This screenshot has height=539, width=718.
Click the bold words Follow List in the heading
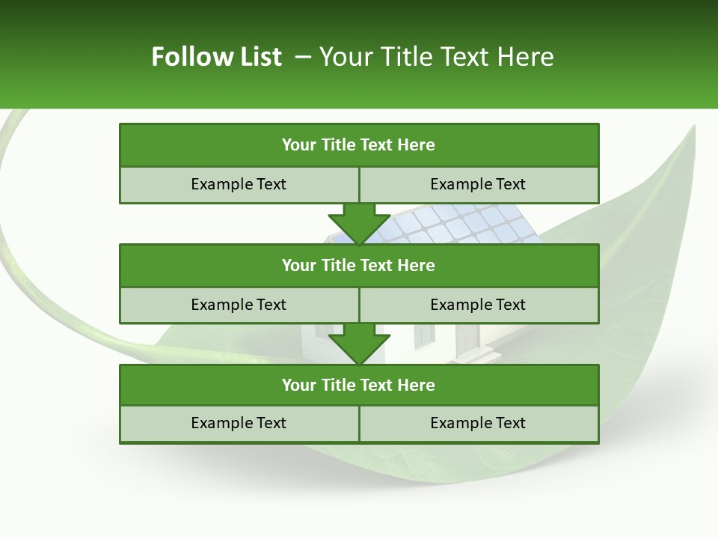click(x=216, y=57)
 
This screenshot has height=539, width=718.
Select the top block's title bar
click(x=359, y=145)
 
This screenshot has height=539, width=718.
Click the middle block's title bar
click(x=359, y=265)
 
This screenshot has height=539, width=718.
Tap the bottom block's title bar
click(x=359, y=385)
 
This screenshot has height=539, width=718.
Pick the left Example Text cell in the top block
click(x=239, y=184)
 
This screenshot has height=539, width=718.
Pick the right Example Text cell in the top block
click(x=479, y=184)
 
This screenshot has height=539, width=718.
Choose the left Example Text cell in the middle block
click(x=239, y=305)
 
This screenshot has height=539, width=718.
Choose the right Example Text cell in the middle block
click(x=479, y=305)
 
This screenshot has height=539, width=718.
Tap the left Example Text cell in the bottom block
click(x=239, y=424)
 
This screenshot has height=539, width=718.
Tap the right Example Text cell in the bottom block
click(x=479, y=424)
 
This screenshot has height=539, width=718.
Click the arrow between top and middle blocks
click(x=359, y=223)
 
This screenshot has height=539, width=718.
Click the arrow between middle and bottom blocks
click(x=359, y=344)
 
